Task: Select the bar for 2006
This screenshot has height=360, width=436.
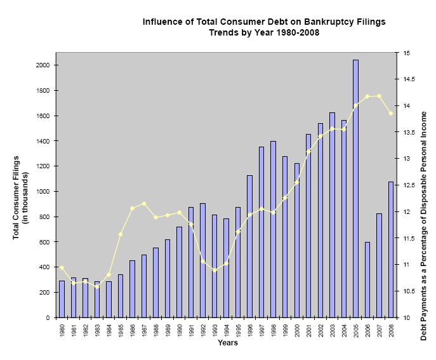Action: click(367, 279)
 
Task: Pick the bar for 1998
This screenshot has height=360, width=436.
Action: click(274, 229)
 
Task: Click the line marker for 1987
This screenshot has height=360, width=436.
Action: click(144, 204)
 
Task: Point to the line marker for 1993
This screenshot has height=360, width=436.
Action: click(215, 270)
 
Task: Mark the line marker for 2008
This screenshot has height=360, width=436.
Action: click(391, 113)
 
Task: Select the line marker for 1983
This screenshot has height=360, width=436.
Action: click(97, 287)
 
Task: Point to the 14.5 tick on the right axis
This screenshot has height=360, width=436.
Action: click(407, 79)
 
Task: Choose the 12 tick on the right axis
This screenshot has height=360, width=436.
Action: click(404, 211)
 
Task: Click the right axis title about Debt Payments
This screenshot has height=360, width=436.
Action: click(423, 196)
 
